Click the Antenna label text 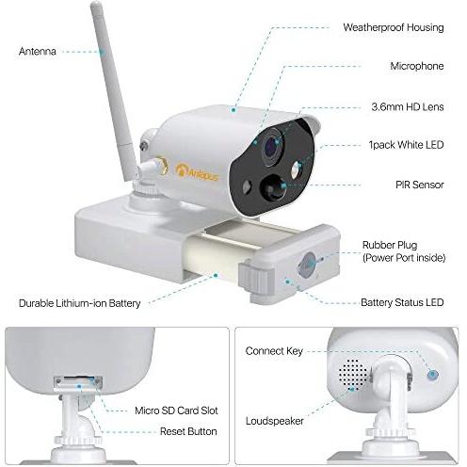click(x=38, y=51)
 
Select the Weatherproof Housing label click(x=394, y=27)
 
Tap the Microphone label click(x=417, y=66)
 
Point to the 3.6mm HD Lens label click(x=408, y=106)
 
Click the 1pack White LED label click(x=406, y=145)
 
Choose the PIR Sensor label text click(x=420, y=185)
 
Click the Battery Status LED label click(x=402, y=302)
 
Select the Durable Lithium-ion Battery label click(x=80, y=303)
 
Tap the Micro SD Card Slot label click(x=176, y=411)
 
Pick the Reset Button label click(x=188, y=431)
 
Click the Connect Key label click(x=274, y=351)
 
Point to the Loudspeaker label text click(x=275, y=421)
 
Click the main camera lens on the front click(x=272, y=146)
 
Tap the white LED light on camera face click(x=297, y=170)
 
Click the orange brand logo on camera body click(x=197, y=171)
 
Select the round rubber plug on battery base click(x=307, y=265)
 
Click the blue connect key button click(x=433, y=374)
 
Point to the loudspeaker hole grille click(x=353, y=375)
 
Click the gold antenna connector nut click(x=161, y=166)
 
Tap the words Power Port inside click(x=404, y=258)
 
